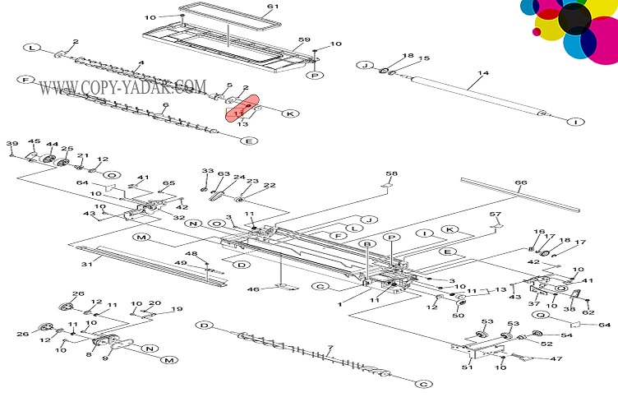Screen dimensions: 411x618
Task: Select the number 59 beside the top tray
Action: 303,40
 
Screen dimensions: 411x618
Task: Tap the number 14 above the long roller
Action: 482,73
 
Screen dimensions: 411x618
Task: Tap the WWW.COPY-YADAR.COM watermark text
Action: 122,86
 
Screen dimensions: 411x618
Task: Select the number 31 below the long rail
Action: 85,264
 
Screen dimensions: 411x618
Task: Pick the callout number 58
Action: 391,173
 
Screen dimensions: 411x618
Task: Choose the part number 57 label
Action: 495,215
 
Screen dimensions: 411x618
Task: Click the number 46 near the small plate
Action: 254,289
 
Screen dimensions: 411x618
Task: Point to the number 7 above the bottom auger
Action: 330,349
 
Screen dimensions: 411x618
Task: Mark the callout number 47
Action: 533,358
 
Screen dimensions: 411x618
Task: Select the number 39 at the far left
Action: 12,144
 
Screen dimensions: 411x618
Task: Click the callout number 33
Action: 207,170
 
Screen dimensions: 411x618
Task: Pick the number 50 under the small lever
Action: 459,315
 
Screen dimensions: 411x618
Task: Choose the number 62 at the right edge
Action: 588,312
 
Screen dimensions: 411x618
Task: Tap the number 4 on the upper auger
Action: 141,63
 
